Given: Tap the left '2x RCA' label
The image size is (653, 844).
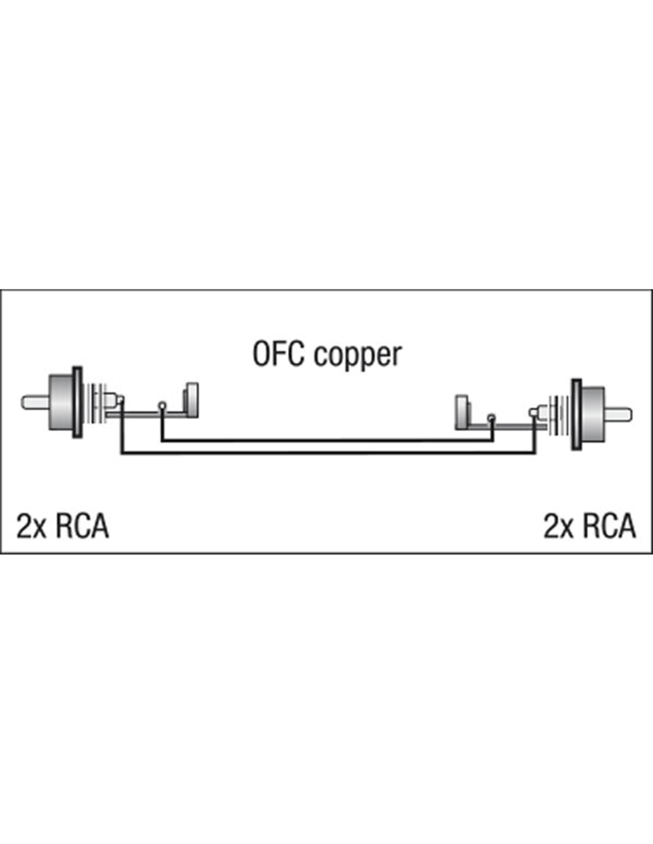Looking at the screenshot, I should [63, 526].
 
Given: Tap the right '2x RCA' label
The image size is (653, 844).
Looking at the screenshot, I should [589, 526].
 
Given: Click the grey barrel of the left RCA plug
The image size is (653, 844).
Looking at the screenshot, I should [61, 402].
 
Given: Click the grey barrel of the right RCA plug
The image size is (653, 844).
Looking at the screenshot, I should [592, 414].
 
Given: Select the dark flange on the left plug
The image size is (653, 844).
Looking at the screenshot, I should [77, 402].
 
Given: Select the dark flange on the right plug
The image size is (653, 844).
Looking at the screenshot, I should [575, 414].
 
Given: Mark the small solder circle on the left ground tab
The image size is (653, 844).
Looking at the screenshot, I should [162, 406].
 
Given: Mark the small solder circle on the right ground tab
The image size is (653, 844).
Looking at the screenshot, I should [491, 418].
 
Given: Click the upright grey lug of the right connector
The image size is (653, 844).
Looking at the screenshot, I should [461, 411].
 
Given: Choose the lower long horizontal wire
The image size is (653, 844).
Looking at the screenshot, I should [326, 454].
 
